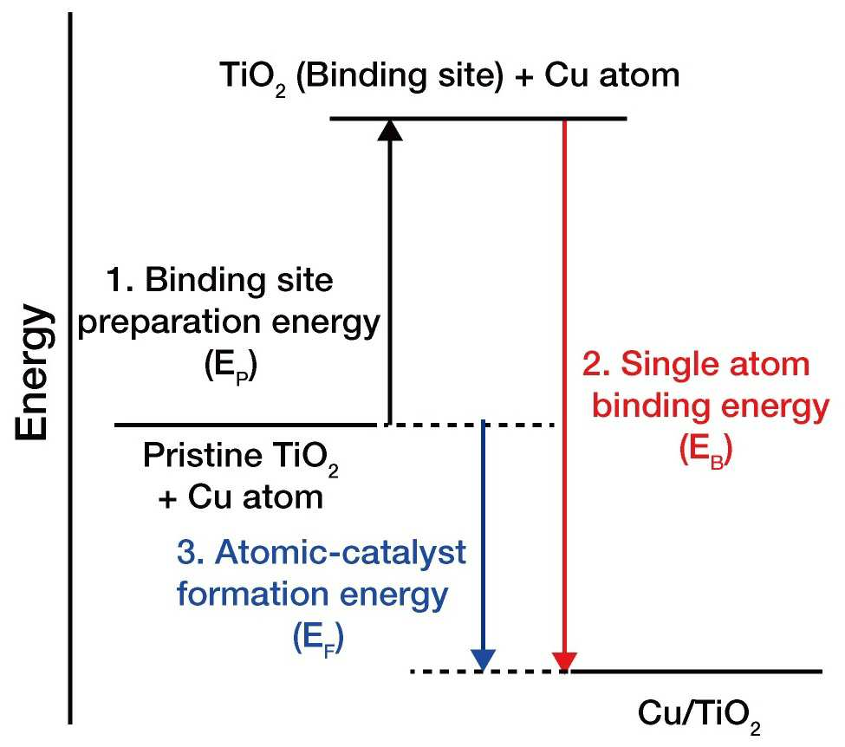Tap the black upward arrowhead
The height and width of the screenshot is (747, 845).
click(x=390, y=130)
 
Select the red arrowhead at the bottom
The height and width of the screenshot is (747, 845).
click(x=564, y=661)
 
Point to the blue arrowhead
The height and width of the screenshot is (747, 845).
click(x=484, y=659)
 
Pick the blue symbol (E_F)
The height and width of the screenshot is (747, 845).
click(x=318, y=639)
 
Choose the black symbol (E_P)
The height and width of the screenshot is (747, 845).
click(x=231, y=367)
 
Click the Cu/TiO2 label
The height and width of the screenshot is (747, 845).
click(x=699, y=715)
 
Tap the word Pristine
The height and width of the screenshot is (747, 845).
click(x=202, y=456)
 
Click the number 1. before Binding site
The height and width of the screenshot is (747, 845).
click(x=120, y=280)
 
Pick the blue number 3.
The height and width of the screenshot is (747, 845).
click(x=190, y=552)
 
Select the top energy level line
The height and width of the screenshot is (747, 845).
click(x=478, y=119)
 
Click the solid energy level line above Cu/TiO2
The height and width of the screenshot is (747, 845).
click(x=696, y=672)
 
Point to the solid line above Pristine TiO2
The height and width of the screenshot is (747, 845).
click(x=246, y=425)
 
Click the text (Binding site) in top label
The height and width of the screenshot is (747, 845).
click(x=400, y=76)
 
